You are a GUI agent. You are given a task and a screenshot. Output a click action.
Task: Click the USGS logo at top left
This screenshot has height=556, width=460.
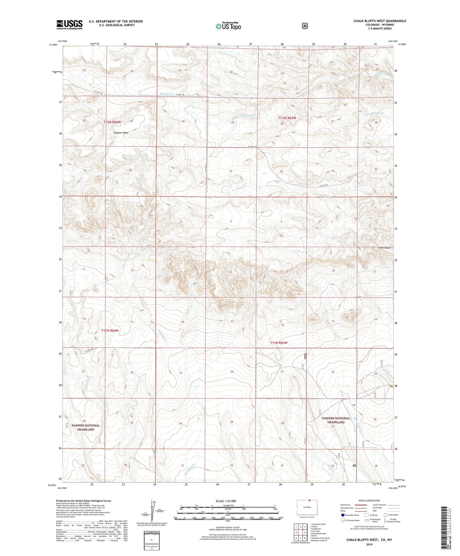click(69, 25)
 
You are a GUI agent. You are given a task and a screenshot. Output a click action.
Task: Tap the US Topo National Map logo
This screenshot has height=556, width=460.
click(228, 26)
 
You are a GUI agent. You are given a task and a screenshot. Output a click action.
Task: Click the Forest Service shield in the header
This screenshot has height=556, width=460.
click(305, 26)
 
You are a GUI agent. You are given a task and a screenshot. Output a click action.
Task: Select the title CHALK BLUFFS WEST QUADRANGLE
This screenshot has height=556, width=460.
click(379, 21)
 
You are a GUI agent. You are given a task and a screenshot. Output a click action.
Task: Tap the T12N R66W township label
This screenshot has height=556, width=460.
click(112, 122)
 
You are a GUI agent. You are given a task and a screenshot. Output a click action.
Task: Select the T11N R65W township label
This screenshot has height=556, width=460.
click(279, 343)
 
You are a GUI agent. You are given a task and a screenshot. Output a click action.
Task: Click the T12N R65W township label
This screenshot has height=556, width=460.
click(287, 118)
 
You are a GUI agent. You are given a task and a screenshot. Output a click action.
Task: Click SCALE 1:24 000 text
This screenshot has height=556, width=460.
click(226, 501)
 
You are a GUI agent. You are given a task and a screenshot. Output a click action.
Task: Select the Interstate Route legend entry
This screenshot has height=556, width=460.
click(350, 515)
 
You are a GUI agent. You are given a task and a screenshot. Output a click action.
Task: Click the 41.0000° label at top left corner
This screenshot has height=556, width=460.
click(53, 45)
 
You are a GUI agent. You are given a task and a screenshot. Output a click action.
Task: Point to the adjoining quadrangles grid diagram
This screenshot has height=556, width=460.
click(300, 532)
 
